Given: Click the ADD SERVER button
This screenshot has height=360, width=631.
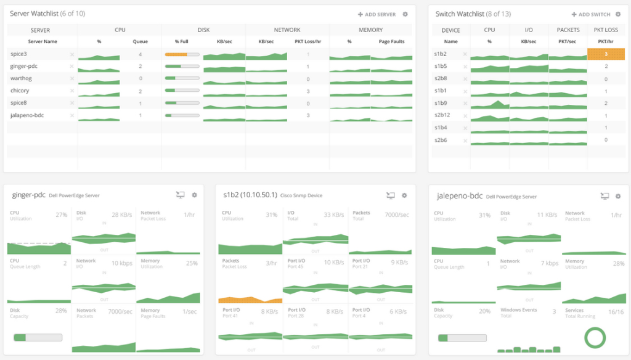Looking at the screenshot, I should (377, 14).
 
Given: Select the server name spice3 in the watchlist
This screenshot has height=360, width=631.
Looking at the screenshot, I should (18, 54).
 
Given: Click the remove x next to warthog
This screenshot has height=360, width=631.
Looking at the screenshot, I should (71, 79).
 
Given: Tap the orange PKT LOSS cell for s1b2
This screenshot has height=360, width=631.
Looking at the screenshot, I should (606, 54).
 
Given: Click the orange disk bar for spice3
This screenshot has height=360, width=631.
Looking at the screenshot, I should (176, 54).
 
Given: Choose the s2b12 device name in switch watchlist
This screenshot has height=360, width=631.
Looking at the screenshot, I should (442, 115).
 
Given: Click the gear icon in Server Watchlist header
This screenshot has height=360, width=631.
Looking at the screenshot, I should (405, 14).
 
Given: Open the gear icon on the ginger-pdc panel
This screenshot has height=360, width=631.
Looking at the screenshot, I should (194, 195).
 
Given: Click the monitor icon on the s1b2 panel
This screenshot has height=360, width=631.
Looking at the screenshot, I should (390, 195).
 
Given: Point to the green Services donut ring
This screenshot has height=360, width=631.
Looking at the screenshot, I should (595, 337).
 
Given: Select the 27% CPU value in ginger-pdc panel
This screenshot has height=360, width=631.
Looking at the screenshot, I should (61, 215).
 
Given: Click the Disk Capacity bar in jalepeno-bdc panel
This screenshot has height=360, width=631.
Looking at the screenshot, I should (462, 338).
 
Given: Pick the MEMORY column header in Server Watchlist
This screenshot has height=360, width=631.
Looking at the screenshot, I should (370, 30).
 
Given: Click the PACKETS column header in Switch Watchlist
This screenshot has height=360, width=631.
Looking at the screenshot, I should (568, 30).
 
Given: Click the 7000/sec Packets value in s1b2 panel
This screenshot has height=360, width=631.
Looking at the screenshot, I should (396, 215).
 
